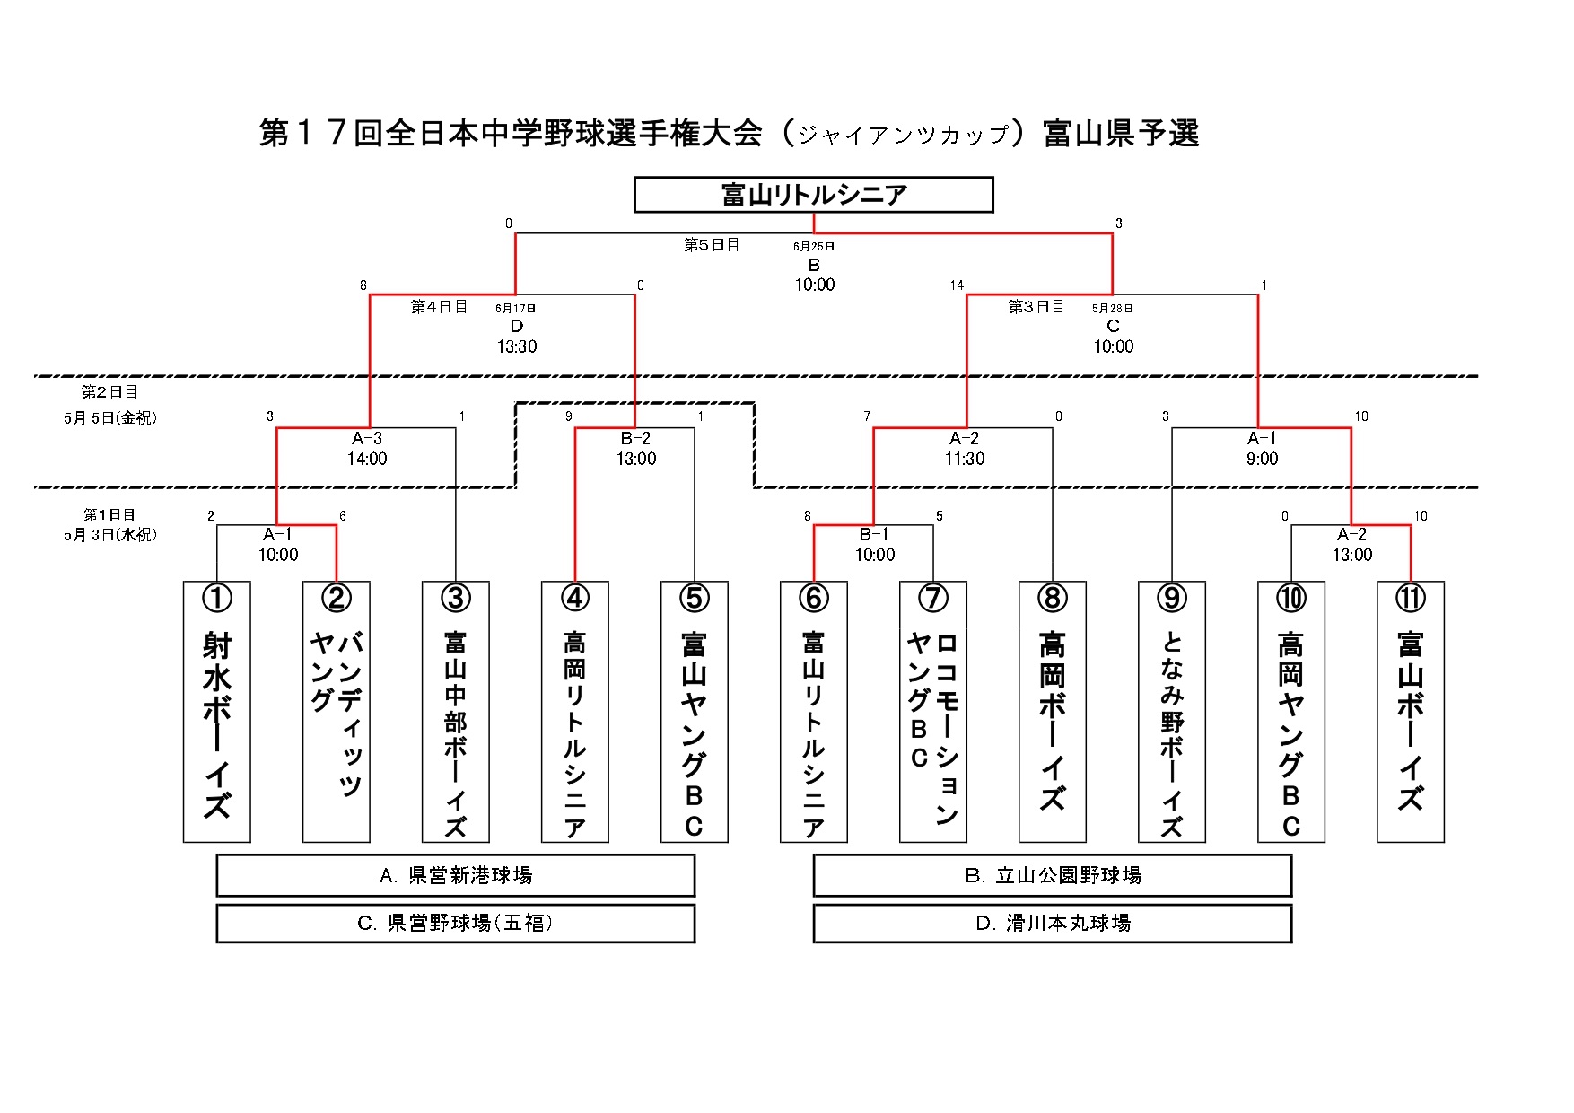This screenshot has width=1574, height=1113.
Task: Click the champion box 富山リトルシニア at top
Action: [x=813, y=195]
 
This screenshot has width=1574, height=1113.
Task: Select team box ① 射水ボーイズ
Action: [x=216, y=712]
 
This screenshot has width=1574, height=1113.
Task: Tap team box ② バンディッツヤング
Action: [x=336, y=712]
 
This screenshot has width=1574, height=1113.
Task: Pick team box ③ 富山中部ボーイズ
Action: [x=455, y=712]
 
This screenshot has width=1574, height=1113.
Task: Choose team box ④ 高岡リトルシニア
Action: [x=574, y=712]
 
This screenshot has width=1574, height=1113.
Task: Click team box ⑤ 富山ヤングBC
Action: [x=694, y=712]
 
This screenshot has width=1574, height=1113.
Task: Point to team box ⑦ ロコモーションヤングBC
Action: [x=932, y=712]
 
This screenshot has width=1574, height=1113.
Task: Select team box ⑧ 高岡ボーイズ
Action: [x=1052, y=712]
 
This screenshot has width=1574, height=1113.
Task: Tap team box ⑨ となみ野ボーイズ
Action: [x=1171, y=712]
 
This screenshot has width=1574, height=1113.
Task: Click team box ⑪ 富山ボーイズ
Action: [x=1410, y=712]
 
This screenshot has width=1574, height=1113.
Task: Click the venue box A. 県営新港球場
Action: [x=455, y=875]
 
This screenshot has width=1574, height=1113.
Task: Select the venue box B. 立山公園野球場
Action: [x=1052, y=875]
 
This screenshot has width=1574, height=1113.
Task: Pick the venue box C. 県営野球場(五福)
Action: [x=455, y=924]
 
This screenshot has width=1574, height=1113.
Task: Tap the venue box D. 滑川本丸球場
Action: [x=1052, y=924]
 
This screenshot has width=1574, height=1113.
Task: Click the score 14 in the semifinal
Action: [x=957, y=285]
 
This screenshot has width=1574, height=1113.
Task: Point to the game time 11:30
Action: [x=965, y=459]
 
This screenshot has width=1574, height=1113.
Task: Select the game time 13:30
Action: [x=517, y=346]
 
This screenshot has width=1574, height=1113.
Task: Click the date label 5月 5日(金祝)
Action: [x=110, y=417]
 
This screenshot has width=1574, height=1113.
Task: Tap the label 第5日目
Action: [x=712, y=244]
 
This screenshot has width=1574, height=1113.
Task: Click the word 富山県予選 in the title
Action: [x=1121, y=134]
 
